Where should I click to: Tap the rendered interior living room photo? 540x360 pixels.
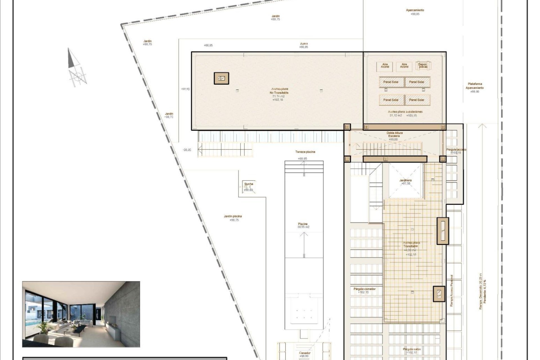click(81, 314)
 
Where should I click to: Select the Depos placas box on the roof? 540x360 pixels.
click(423, 66)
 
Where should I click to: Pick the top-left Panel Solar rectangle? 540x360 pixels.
click(391, 82)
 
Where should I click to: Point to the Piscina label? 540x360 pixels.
click(303, 224)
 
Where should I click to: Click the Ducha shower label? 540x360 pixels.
click(249, 184)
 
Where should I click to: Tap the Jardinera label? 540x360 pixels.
click(406, 180)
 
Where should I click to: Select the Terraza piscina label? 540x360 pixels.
click(305, 152)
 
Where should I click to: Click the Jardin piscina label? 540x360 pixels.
click(233, 216)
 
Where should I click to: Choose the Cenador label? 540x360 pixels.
click(305, 353)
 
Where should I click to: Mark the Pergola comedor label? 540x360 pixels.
click(364, 289)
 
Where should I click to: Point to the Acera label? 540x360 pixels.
click(304, 44)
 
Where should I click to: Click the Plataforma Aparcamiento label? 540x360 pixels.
click(475, 86)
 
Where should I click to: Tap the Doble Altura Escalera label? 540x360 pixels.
click(395, 134)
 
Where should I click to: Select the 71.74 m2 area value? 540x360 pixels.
click(278, 96)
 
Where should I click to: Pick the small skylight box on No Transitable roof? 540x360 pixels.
click(221, 78)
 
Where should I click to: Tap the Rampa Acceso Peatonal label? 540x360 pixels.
click(451, 290)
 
